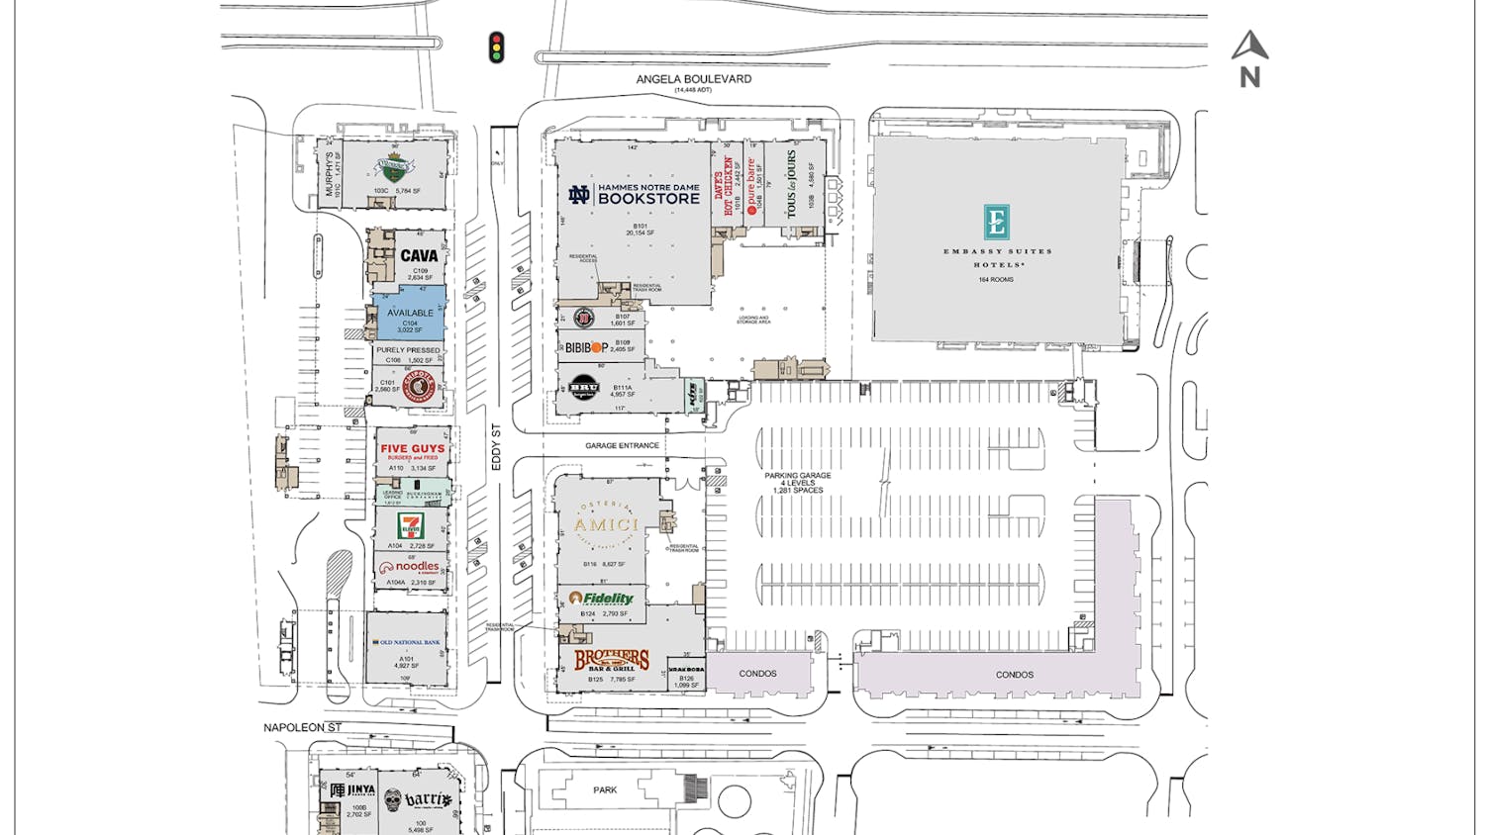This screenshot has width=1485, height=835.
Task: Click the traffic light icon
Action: click(497, 47)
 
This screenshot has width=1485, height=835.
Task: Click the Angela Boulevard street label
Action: click(693, 79)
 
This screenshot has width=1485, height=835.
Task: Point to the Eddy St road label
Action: click(497, 447)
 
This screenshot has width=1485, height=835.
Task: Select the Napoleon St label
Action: click(302, 727)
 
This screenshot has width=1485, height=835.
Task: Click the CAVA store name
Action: click(419, 255)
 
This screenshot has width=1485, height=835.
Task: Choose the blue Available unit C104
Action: click(410, 315)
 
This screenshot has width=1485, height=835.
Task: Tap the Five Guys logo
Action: click(413, 450)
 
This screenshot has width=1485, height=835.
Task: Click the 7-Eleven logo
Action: click(410, 525)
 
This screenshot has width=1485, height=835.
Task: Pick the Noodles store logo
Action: click(410, 568)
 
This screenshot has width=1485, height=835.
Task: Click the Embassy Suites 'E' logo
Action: click(996, 222)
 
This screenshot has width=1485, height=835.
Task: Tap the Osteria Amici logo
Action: click(606, 525)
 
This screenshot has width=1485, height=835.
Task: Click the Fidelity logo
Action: click(602, 599)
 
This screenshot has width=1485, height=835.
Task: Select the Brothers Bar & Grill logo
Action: click(612, 660)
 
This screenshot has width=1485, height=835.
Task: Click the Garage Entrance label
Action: click(622, 446)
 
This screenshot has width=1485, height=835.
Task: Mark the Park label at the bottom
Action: click(605, 790)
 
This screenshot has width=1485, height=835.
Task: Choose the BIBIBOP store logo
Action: click(586, 347)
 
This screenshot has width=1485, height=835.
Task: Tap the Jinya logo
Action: click(352, 791)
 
